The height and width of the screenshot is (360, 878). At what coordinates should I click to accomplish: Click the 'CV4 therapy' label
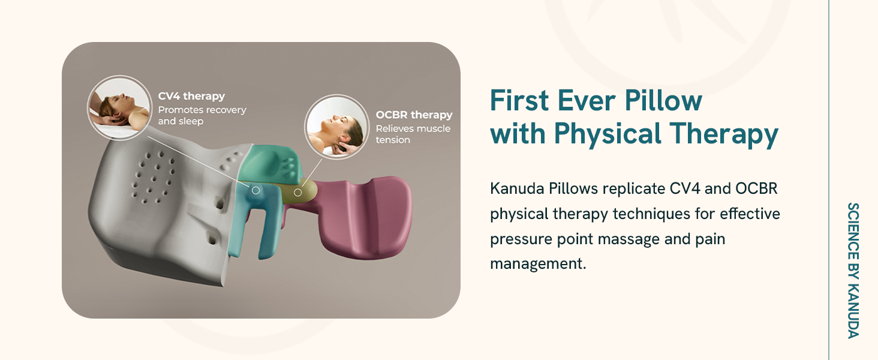191,97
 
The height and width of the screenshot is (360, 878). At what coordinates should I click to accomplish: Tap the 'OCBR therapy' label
414,115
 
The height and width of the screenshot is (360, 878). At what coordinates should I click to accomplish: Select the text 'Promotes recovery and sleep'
202,116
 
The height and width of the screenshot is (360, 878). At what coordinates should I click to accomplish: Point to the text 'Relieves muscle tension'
413,134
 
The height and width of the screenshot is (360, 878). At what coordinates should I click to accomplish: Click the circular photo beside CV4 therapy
119,107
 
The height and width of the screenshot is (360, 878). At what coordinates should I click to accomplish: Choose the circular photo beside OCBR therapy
336,127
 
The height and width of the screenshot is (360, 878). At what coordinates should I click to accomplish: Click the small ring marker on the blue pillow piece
255,190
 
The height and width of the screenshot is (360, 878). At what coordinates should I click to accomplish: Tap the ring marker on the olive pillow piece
298,192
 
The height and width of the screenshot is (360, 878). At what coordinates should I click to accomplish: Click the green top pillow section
270,166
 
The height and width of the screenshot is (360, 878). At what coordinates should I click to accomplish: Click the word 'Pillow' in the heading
663,101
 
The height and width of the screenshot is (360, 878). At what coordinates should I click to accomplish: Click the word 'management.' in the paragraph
538,263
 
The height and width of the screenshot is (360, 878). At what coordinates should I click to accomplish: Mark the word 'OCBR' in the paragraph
756,188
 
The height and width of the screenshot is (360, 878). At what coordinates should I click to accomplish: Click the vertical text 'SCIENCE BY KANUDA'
853,271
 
